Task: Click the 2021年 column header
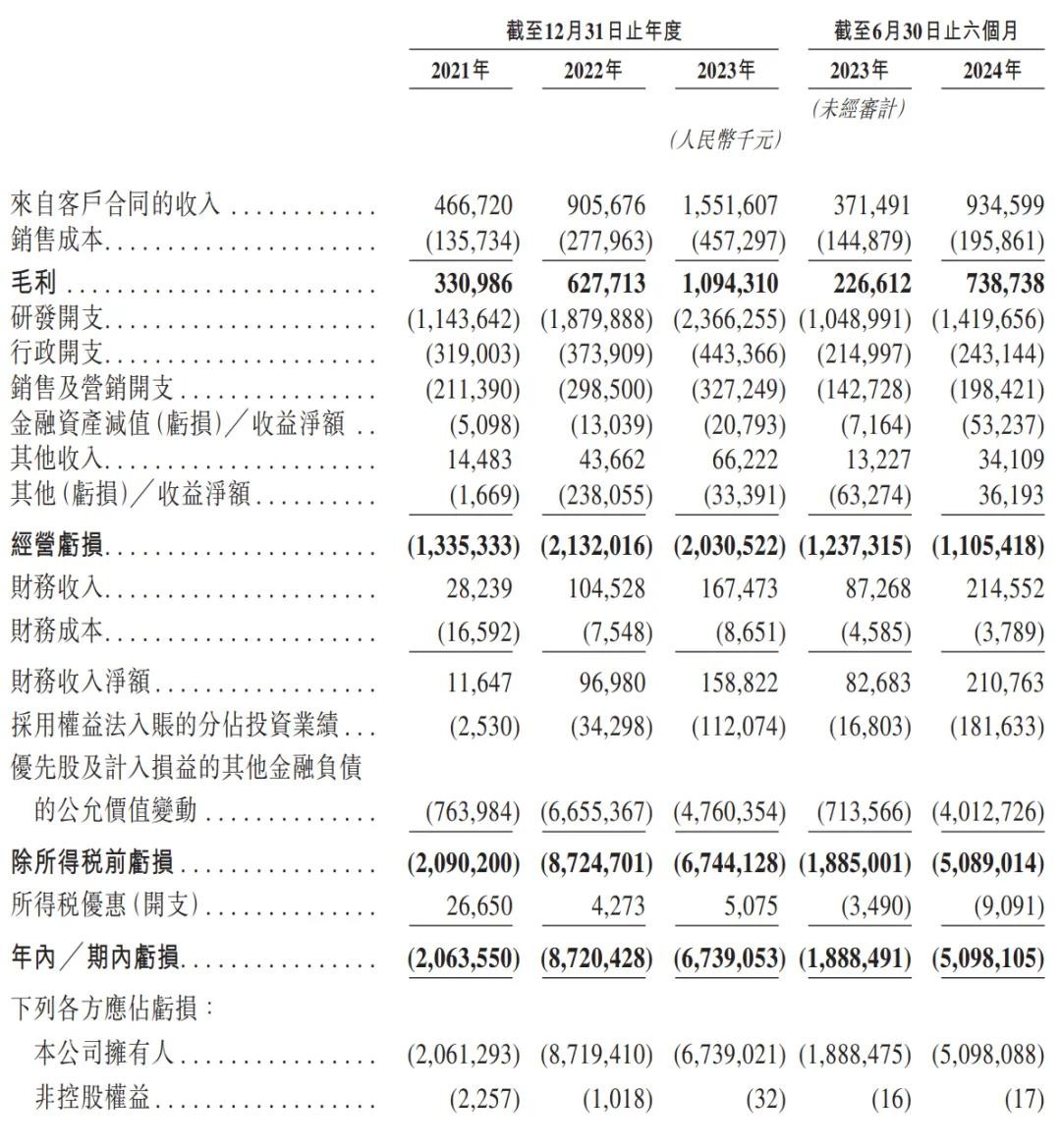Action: tap(460, 71)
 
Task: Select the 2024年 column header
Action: tap(992, 71)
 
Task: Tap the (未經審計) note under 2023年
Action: tap(858, 109)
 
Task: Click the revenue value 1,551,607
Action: tap(730, 206)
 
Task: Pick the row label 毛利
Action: tap(33, 284)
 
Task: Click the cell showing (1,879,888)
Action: tap(595, 319)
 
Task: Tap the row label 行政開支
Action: tap(57, 354)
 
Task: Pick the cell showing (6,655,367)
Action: tap(595, 812)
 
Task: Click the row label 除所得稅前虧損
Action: tap(92, 862)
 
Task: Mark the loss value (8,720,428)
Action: tap(595, 956)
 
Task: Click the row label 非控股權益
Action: tap(92, 1098)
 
